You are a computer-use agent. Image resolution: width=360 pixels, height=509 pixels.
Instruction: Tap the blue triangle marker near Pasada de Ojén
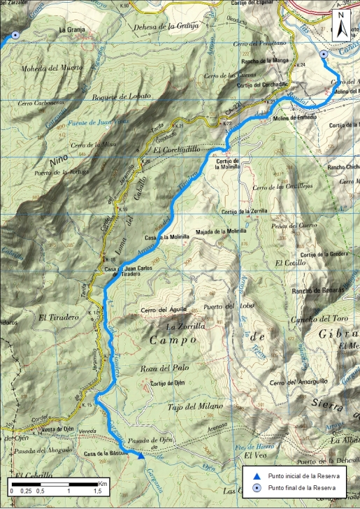click(x=141, y=457)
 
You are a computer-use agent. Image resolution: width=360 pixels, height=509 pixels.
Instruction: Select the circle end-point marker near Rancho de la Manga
click(x=323, y=54)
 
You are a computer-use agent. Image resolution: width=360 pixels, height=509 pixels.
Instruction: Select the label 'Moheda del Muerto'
click(x=52, y=68)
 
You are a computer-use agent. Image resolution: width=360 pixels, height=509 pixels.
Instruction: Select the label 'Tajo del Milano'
click(x=195, y=406)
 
